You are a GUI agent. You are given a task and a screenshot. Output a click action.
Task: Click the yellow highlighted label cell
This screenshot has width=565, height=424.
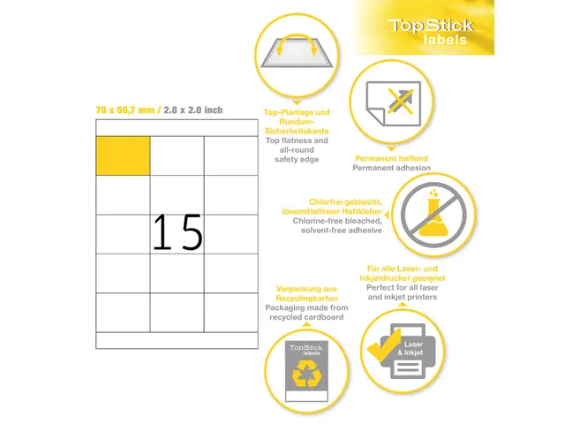tap(123, 155)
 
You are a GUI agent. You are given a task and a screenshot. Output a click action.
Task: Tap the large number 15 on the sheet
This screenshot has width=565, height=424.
tap(177, 231)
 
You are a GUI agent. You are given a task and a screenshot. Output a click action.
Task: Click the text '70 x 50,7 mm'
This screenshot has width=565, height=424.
tap(125, 110)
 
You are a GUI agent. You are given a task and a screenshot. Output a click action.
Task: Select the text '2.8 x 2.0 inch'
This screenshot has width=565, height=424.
tap(193, 110)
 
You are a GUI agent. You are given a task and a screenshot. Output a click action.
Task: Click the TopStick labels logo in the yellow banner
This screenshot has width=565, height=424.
tap(431, 32)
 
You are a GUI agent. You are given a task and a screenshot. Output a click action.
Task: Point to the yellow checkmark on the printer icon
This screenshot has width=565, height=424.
tap(384, 346)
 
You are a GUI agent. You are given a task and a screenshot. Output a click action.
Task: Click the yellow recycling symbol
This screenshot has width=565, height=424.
tap(306, 374)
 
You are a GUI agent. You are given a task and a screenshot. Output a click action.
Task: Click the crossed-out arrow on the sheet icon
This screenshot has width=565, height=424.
tap(400, 101)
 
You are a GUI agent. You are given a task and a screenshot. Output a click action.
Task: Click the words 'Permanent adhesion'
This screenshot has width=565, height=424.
tap(391, 168)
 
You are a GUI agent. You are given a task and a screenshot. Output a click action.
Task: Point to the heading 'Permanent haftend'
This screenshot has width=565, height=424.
tap(391, 158)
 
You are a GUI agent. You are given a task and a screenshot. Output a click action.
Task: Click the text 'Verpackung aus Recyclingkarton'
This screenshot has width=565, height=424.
tap(306, 293)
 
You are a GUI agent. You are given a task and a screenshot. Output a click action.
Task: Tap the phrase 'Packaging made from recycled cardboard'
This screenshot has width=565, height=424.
tap(306, 312)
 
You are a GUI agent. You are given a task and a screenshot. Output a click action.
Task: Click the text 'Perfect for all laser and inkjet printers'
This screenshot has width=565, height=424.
tap(403, 292)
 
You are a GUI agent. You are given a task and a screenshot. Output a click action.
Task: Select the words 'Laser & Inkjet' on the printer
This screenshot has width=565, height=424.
tap(411, 348)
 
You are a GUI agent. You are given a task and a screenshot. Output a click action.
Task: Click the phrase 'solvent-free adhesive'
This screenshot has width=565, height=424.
tap(342, 231)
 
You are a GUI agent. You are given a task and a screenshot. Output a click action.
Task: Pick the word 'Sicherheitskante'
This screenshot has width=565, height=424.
tap(297, 131)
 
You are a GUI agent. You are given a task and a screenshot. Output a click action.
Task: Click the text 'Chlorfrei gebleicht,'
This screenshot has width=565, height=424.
tap(345, 202)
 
